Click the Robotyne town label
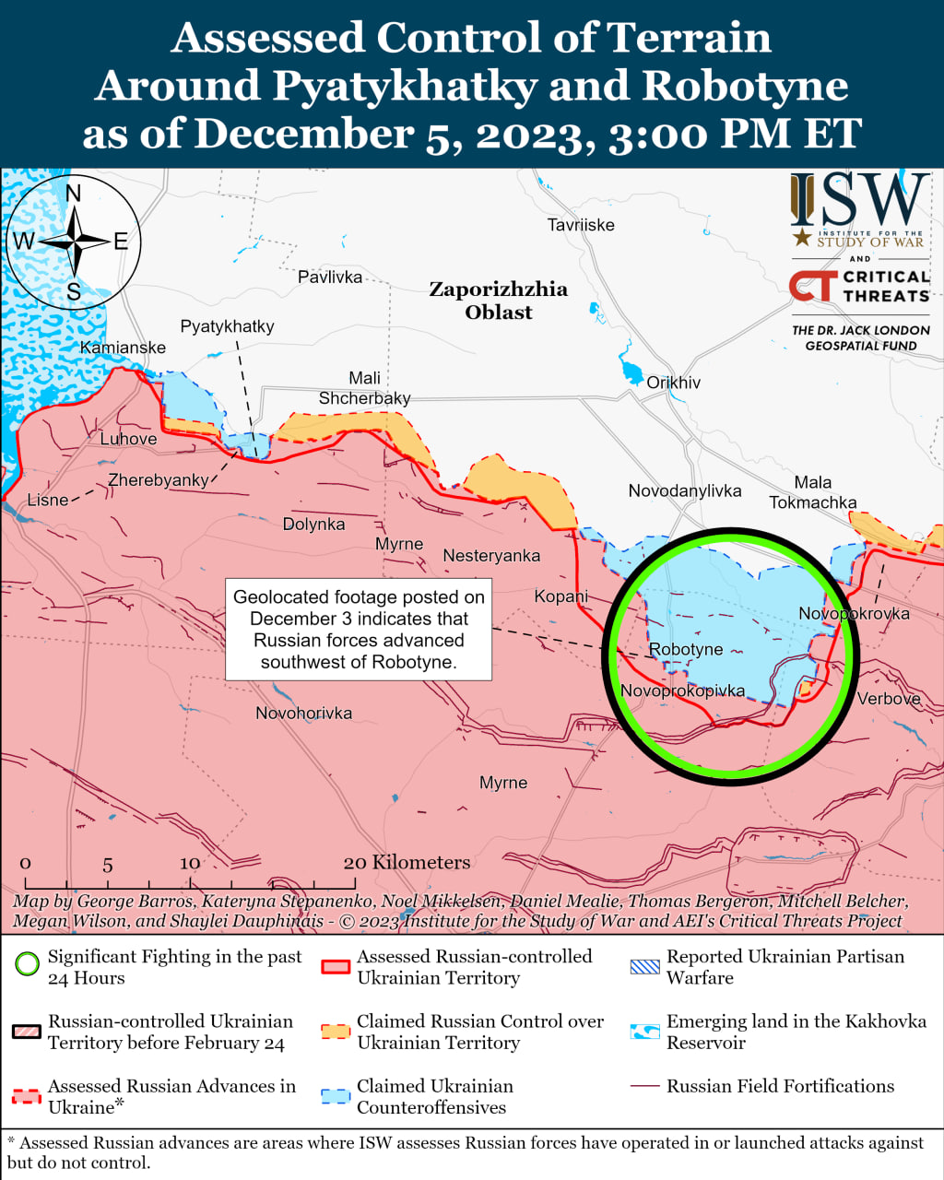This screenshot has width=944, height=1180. click(x=686, y=649)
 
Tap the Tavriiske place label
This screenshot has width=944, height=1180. click(x=580, y=225)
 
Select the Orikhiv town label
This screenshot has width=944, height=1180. click(x=673, y=383)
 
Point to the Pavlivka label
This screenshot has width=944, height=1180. click(x=330, y=277)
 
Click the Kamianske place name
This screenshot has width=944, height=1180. click(x=123, y=348)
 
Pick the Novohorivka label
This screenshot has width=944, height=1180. click(x=303, y=713)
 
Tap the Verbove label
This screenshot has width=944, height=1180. click(x=889, y=699)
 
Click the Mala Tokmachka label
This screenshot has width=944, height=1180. click(x=813, y=492)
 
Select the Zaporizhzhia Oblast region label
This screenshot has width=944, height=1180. click(x=499, y=301)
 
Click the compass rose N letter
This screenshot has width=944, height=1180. click(x=74, y=193)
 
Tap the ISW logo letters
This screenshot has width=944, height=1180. click(x=859, y=201)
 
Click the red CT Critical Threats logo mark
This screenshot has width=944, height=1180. click(x=812, y=286)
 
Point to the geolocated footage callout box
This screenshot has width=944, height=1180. click(x=359, y=630)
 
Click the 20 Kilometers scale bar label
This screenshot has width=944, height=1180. click(x=407, y=862)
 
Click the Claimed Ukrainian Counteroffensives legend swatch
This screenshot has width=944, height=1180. click(x=336, y=1096)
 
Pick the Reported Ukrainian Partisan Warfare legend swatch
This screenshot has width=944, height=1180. click(x=644, y=966)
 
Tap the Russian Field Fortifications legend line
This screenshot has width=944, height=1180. click(x=644, y=1086)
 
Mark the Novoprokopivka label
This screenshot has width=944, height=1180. click(x=682, y=690)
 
